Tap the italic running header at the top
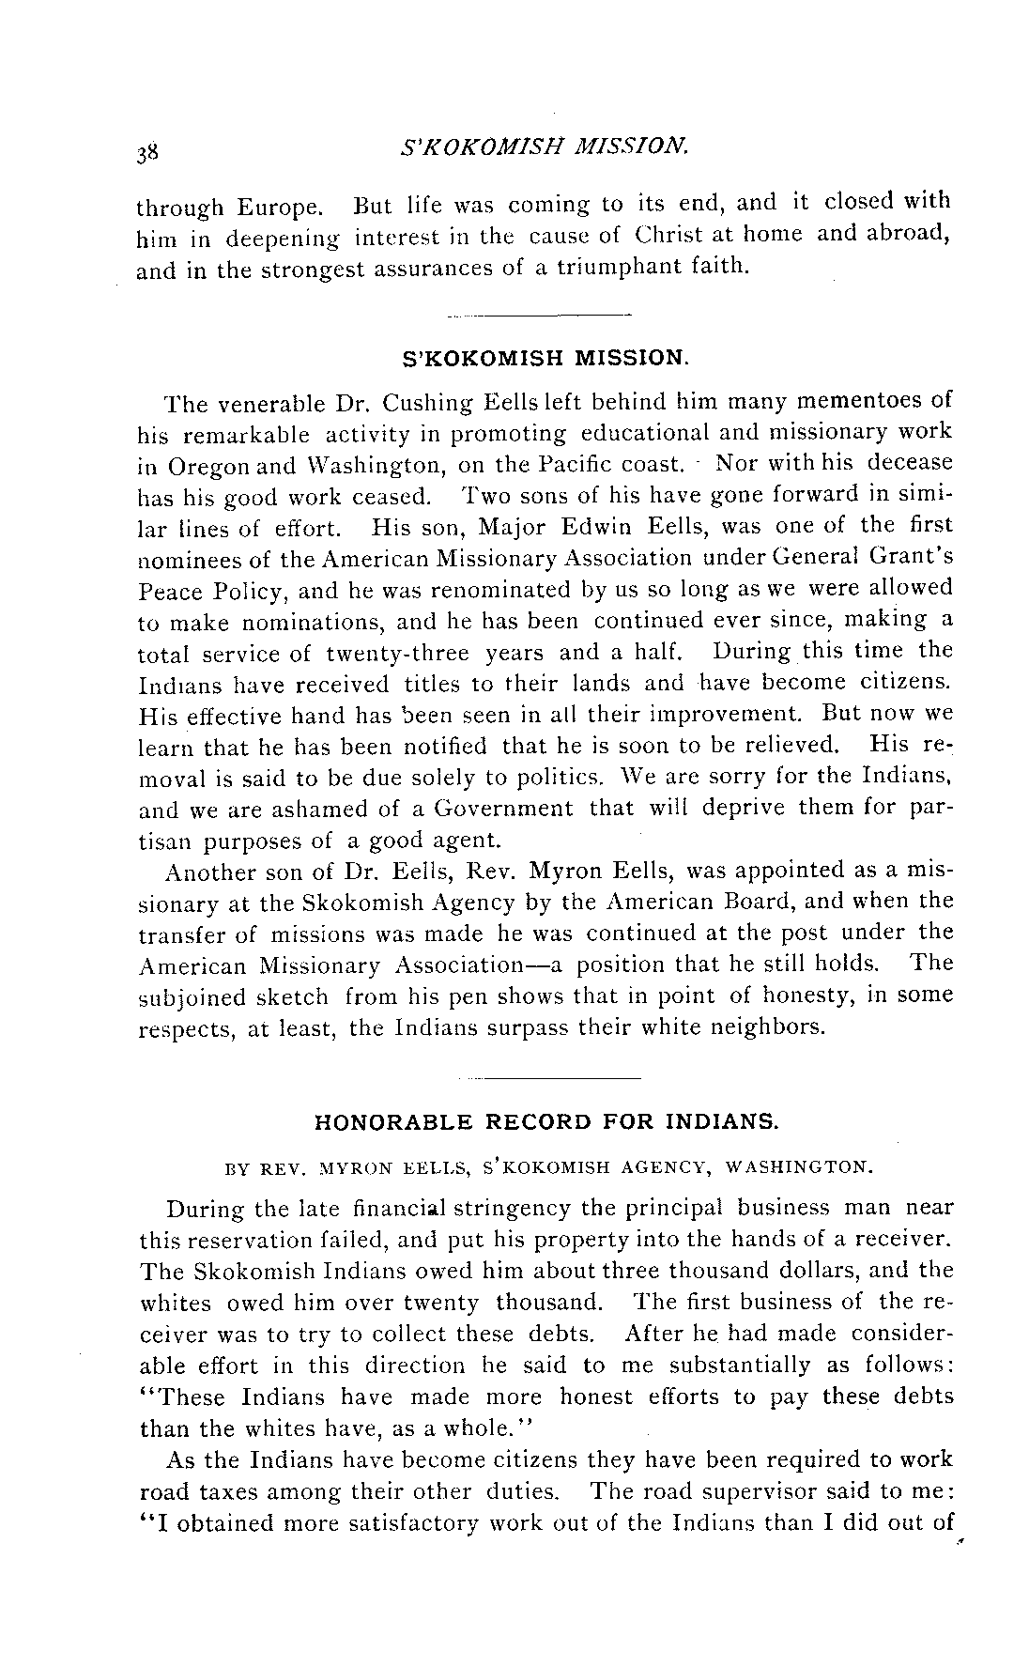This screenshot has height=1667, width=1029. (x=545, y=147)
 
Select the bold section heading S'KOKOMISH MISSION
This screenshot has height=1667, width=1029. (x=545, y=358)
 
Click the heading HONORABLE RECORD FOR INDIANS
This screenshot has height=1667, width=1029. (x=545, y=1121)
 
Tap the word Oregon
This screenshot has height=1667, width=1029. (x=207, y=465)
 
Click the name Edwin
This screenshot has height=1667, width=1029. (x=599, y=526)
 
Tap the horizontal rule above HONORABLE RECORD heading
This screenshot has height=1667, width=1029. (x=546, y=1076)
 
